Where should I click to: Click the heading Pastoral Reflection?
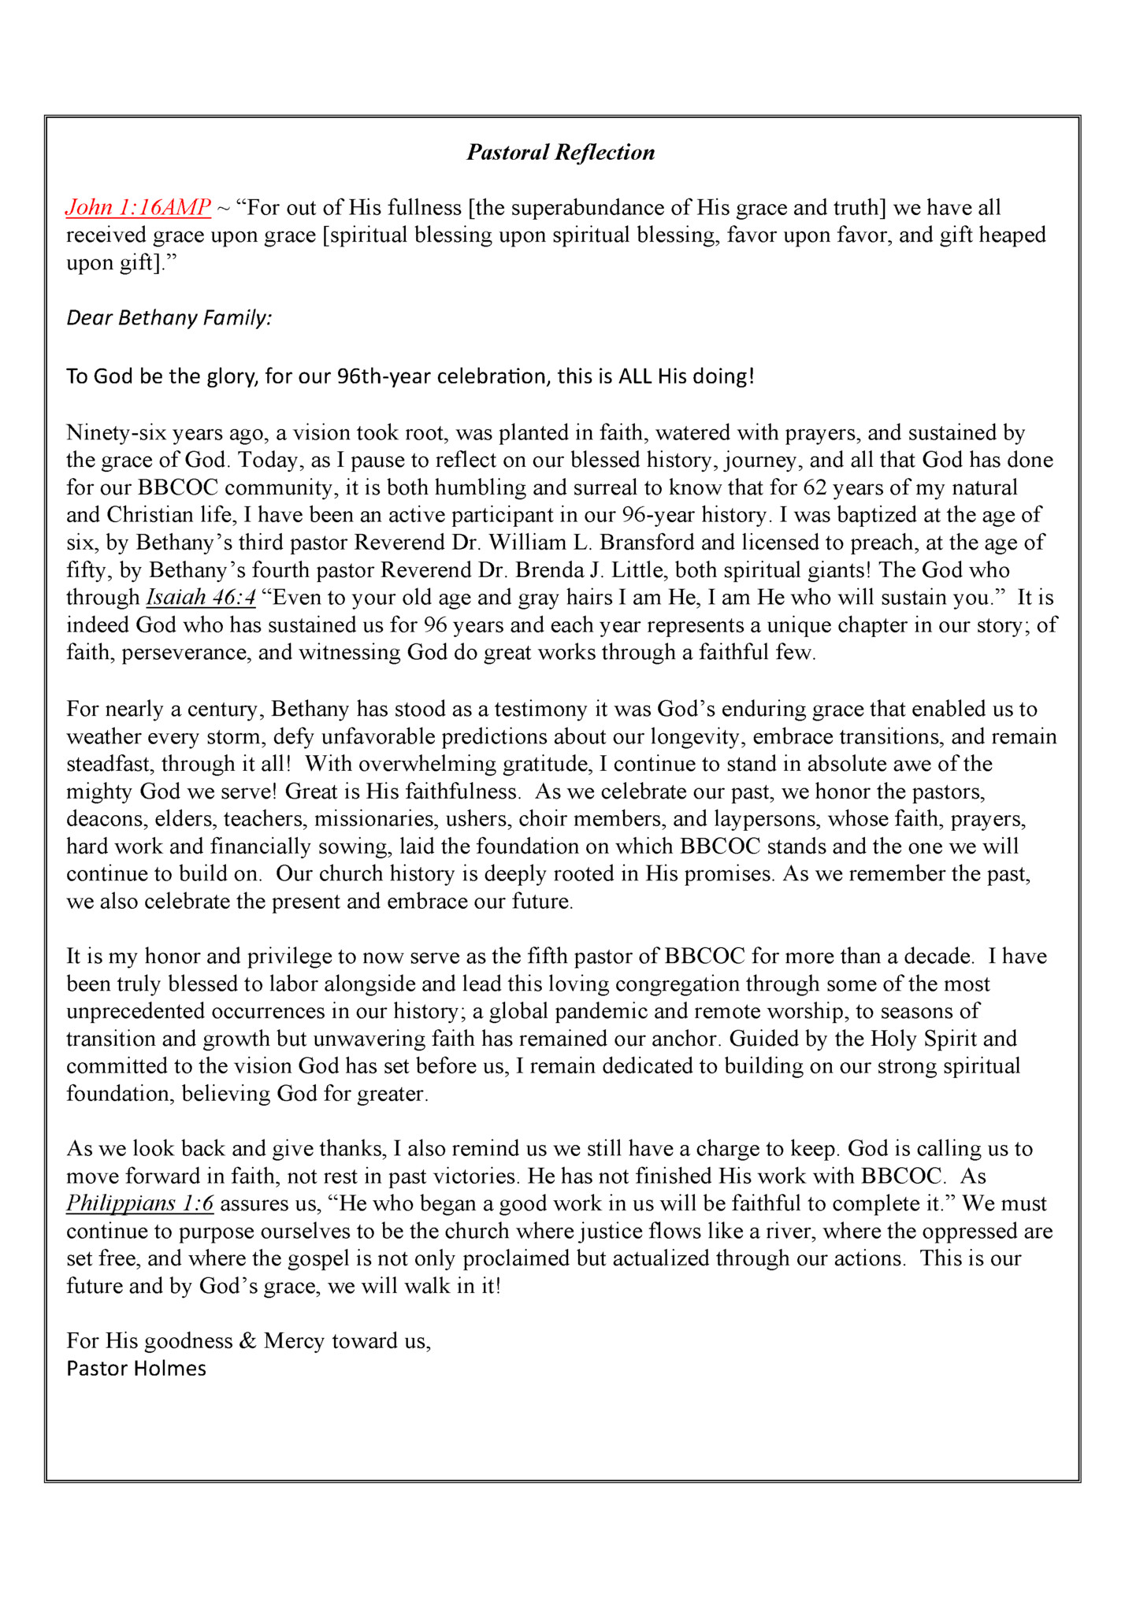(560, 152)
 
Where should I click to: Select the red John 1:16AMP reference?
(138, 208)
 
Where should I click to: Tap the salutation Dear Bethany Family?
(169, 318)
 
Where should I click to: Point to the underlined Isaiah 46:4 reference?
(201, 598)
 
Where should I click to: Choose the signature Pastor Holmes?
(136, 1369)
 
